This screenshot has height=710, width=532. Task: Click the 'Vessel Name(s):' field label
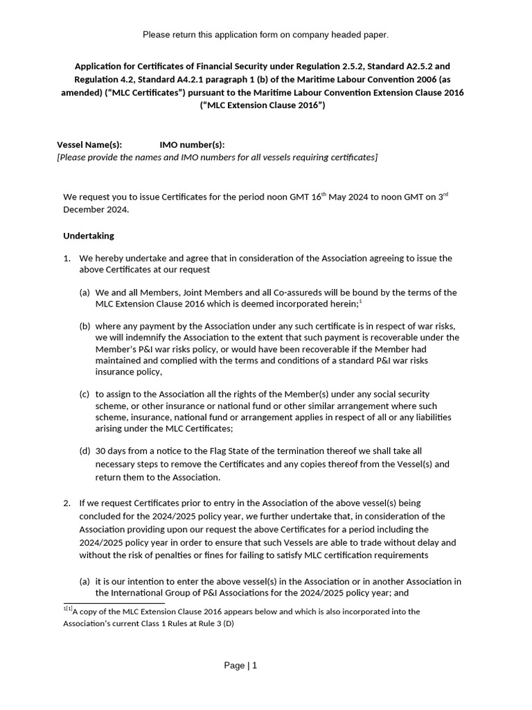point(89,145)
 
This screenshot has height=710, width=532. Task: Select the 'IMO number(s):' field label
point(192,145)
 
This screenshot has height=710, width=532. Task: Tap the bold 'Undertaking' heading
point(89,236)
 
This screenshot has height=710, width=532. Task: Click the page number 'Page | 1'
point(240,666)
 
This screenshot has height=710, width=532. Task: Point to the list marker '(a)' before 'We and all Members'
point(85,293)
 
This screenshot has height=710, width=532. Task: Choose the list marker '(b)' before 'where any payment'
point(85,326)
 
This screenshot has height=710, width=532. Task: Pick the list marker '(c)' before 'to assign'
point(85,394)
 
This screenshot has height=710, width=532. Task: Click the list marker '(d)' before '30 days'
point(85,451)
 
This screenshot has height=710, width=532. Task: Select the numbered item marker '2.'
point(67,503)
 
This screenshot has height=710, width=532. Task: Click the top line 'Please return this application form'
point(265,35)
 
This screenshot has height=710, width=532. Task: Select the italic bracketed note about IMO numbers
point(217,157)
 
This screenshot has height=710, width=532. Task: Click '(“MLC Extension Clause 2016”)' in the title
point(262,105)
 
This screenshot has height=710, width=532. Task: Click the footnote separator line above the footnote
point(114,604)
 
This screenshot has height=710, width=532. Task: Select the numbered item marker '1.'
point(67,259)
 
